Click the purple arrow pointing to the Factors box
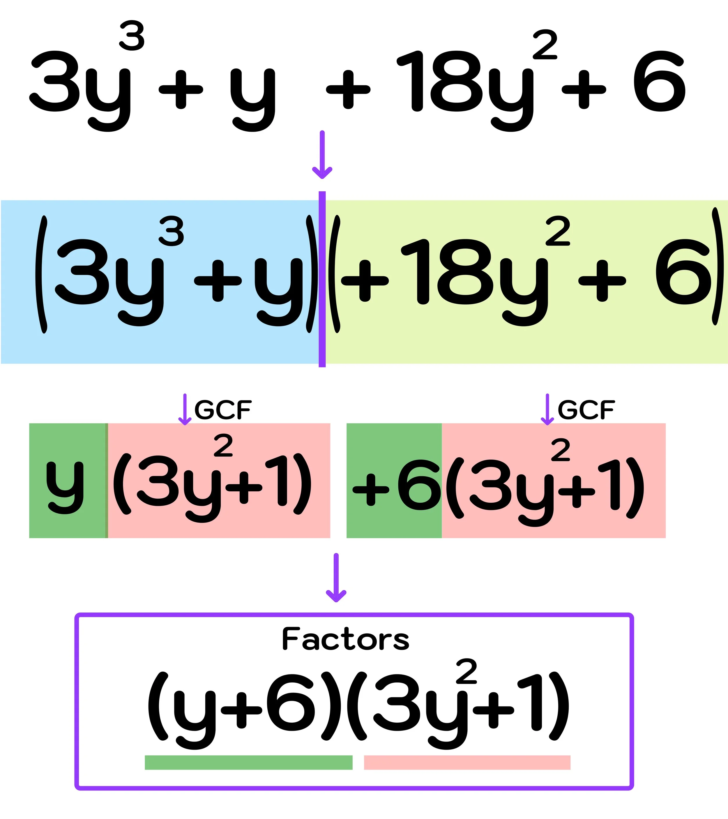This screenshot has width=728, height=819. coord(336,577)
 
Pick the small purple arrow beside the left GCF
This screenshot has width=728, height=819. coord(185,409)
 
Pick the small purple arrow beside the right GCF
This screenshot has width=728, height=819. coord(547,409)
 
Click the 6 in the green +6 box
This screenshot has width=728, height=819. coord(419,485)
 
